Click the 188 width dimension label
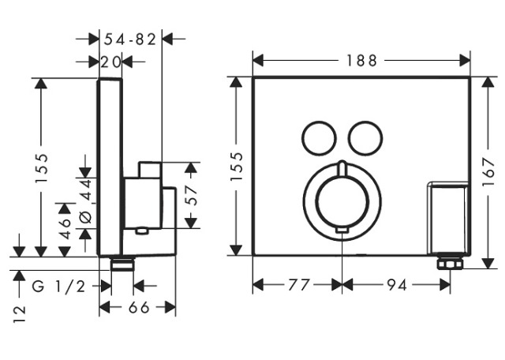click(x=361, y=61)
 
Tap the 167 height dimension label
click(x=489, y=171)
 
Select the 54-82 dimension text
click(x=129, y=39)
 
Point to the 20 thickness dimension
click(x=110, y=62)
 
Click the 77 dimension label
click(x=298, y=285)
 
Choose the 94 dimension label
click(x=397, y=285)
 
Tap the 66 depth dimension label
click(x=139, y=307)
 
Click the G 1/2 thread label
click(x=58, y=286)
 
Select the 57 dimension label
click(x=193, y=196)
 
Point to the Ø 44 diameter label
click(x=86, y=201)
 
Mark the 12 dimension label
click(x=19, y=314)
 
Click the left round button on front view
click(x=319, y=138)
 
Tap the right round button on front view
click(x=365, y=138)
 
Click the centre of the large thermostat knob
click(x=342, y=202)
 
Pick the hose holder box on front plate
click(x=447, y=218)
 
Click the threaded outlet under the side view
click(x=122, y=264)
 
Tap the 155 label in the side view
click(x=42, y=168)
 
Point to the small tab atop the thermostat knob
click(x=342, y=169)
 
